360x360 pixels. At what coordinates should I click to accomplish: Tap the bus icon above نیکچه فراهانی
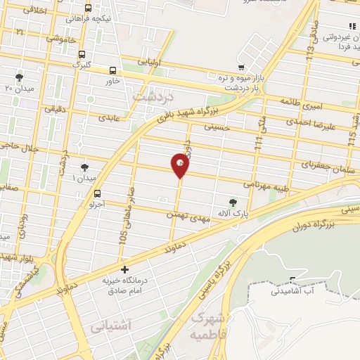(x=87, y=8)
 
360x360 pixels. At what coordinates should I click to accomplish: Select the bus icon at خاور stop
(x=113, y=70)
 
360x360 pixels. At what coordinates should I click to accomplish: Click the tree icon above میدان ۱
(x=85, y=167)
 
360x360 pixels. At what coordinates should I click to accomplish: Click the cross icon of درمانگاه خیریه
(x=124, y=269)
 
